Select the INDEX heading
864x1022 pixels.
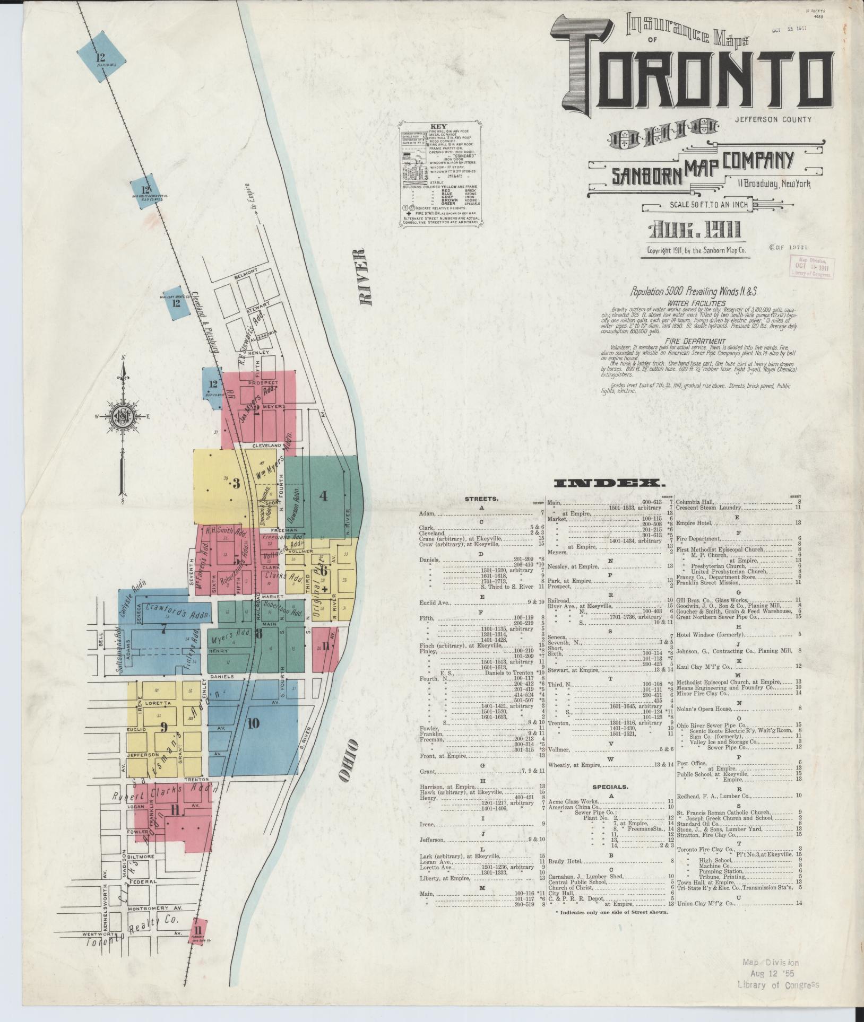pos(607,483)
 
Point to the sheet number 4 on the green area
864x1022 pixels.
pos(323,496)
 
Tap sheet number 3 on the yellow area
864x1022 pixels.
pos(236,484)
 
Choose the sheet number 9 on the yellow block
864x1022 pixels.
pos(164,727)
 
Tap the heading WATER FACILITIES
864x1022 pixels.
pos(689,303)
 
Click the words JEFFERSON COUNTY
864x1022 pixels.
pos(773,119)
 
